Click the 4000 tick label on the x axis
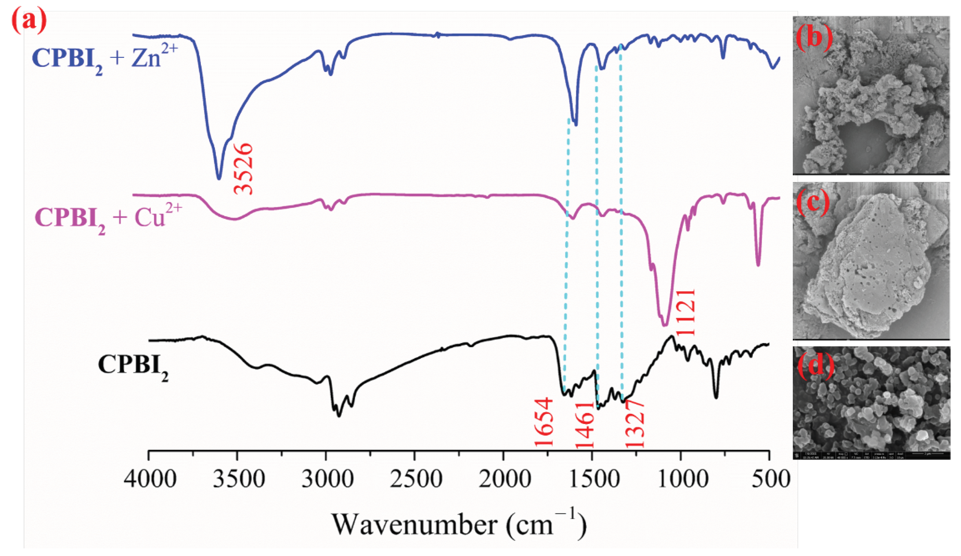click(150, 479)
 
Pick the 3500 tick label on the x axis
click(239, 479)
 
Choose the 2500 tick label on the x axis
click(416, 479)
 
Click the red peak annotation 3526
click(244, 168)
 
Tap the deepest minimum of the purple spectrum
click(665, 325)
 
